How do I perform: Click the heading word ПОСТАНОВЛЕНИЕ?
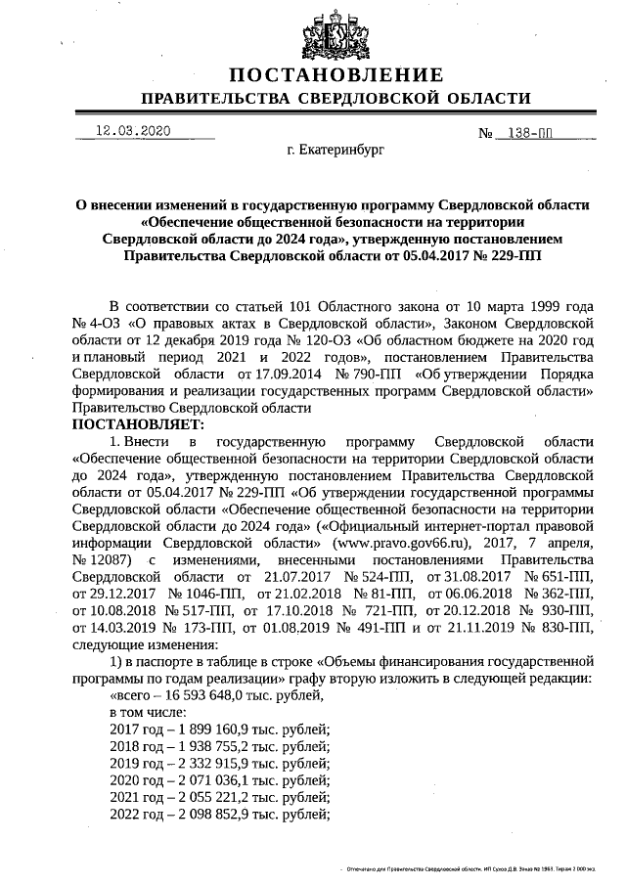336,75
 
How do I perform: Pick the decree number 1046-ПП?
202,593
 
